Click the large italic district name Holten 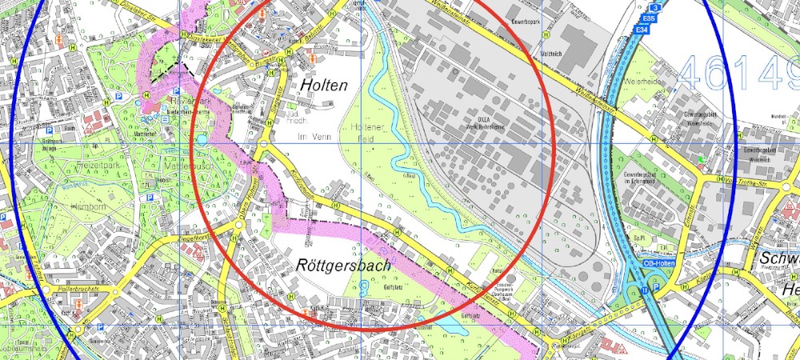click(x=324, y=84)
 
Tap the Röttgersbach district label click(x=343, y=264)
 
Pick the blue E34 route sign click(x=640, y=30)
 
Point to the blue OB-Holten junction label click(x=660, y=262)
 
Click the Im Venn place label click(x=314, y=138)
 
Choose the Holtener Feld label click(x=363, y=134)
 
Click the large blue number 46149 click(x=736, y=72)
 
